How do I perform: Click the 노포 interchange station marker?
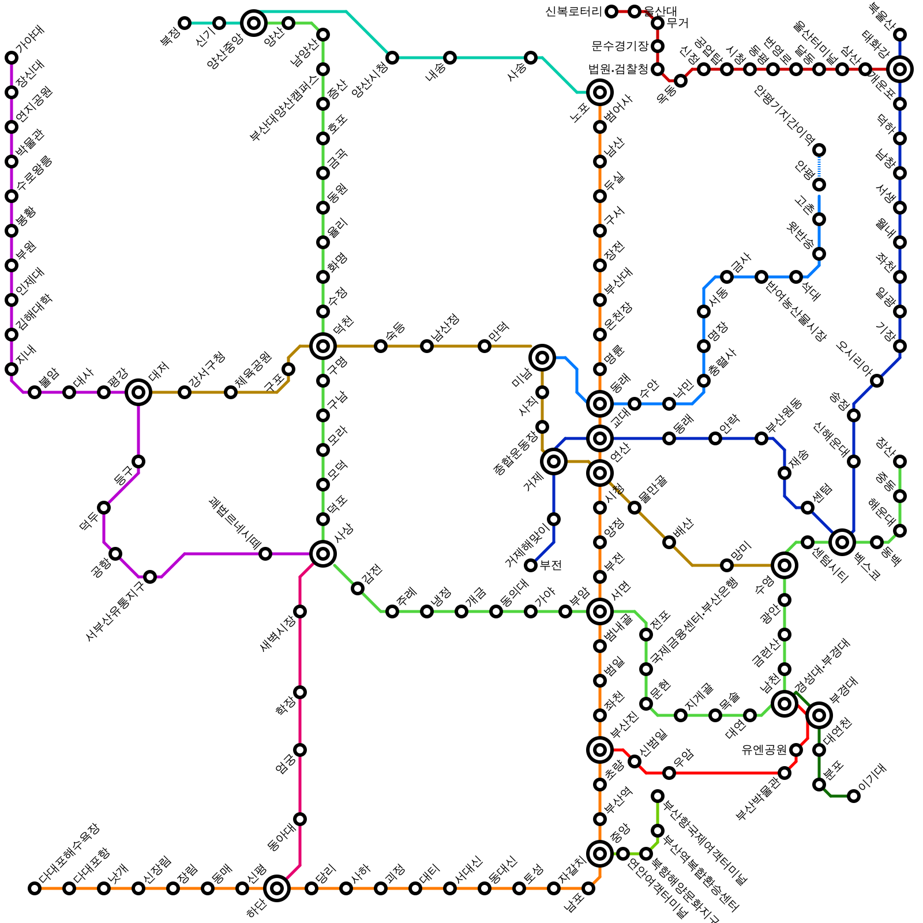coord(600,92)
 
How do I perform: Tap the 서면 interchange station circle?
coord(600,611)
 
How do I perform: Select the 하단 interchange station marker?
coord(277,888)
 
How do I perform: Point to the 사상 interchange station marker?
coord(323,554)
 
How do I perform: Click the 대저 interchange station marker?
coord(138,392)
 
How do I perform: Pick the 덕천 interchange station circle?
coord(323,346)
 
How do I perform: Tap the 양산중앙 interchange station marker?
coord(254,23)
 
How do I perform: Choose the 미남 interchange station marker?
coord(542,358)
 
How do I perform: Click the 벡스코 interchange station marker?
coord(842,542)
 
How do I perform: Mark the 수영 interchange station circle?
coord(785,565)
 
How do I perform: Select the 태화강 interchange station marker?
coord(900,69)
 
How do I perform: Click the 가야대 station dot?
coord(12,58)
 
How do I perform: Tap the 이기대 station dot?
coord(854,796)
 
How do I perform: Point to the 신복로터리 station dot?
coord(611,12)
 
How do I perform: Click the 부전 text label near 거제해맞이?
coord(550,565)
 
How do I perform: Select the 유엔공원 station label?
coord(764,750)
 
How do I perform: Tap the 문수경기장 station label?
coord(620,46)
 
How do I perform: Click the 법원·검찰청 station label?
coord(618,69)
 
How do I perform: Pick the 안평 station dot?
coord(819,185)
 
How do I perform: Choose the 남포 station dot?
coord(588,888)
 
